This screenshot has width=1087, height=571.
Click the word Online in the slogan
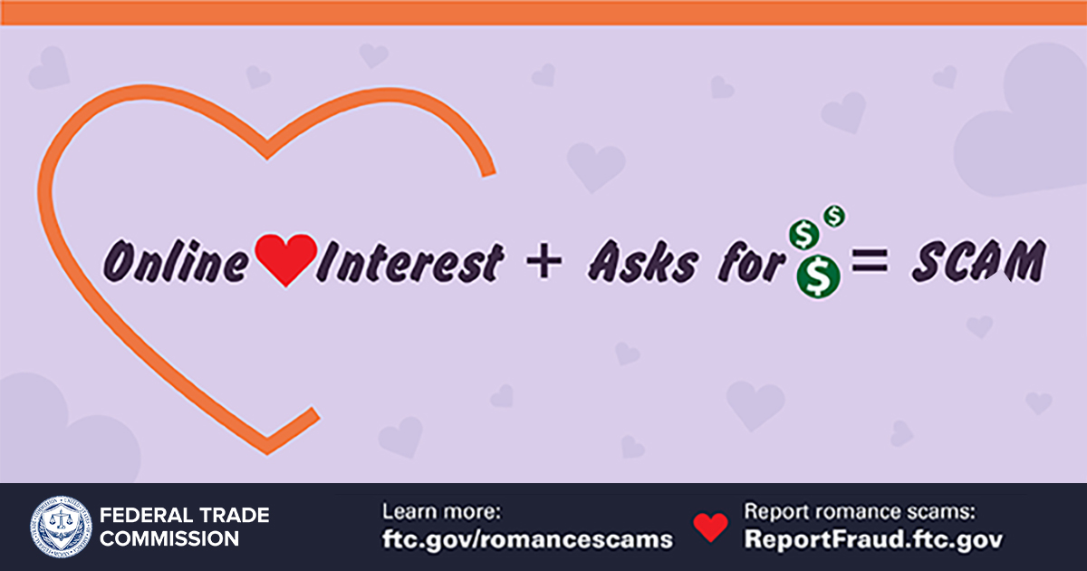point(176,261)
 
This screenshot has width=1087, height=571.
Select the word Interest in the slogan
point(410,262)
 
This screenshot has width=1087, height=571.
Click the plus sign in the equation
point(544,262)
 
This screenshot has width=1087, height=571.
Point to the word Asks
point(643,261)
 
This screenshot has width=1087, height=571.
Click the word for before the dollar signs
point(751,261)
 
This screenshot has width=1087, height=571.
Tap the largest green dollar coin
point(818,276)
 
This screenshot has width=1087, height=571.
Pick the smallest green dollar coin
point(834,216)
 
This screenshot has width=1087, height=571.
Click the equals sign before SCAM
point(871,261)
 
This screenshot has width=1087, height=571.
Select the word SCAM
point(978,261)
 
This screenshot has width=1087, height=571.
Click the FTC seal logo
point(61,527)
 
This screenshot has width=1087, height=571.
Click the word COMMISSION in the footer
point(169,538)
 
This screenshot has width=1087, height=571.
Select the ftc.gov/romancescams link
point(527,539)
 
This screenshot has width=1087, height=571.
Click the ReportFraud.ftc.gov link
point(873,539)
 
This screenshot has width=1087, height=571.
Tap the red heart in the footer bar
point(710,527)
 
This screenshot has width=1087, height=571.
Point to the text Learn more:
point(441,512)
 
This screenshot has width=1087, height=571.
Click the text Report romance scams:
point(860,512)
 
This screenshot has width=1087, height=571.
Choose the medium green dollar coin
point(804,235)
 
